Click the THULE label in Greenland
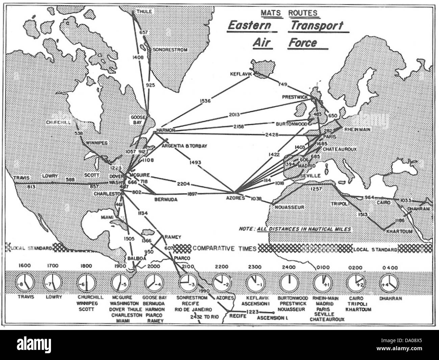pyautogui.click(x=144, y=11)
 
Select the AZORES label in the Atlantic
pyautogui.click(x=235, y=198)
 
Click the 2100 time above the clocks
pyautogui.click(x=187, y=267)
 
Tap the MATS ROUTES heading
pyautogui.click(x=289, y=13)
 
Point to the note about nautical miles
pyautogui.click(x=294, y=229)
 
